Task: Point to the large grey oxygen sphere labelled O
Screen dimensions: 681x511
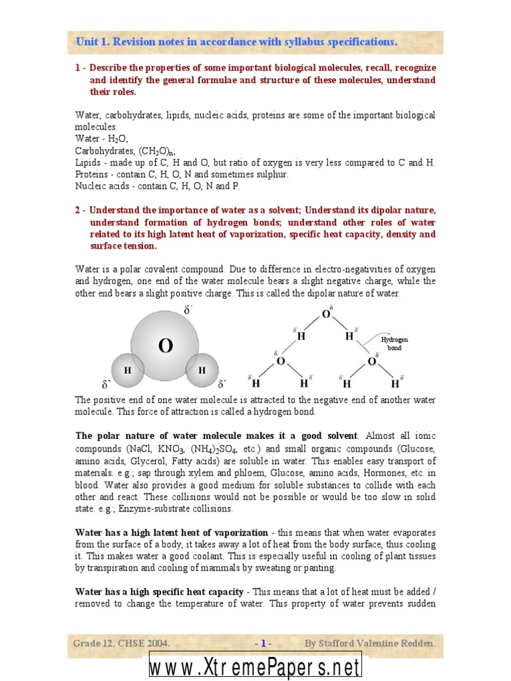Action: pos(165,345)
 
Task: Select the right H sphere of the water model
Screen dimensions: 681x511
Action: pos(202,370)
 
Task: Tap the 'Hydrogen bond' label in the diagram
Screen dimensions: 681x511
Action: pos(391,344)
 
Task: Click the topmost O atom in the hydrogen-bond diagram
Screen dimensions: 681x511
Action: pos(326,314)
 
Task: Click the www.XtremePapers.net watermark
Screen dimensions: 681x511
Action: pos(255,668)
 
